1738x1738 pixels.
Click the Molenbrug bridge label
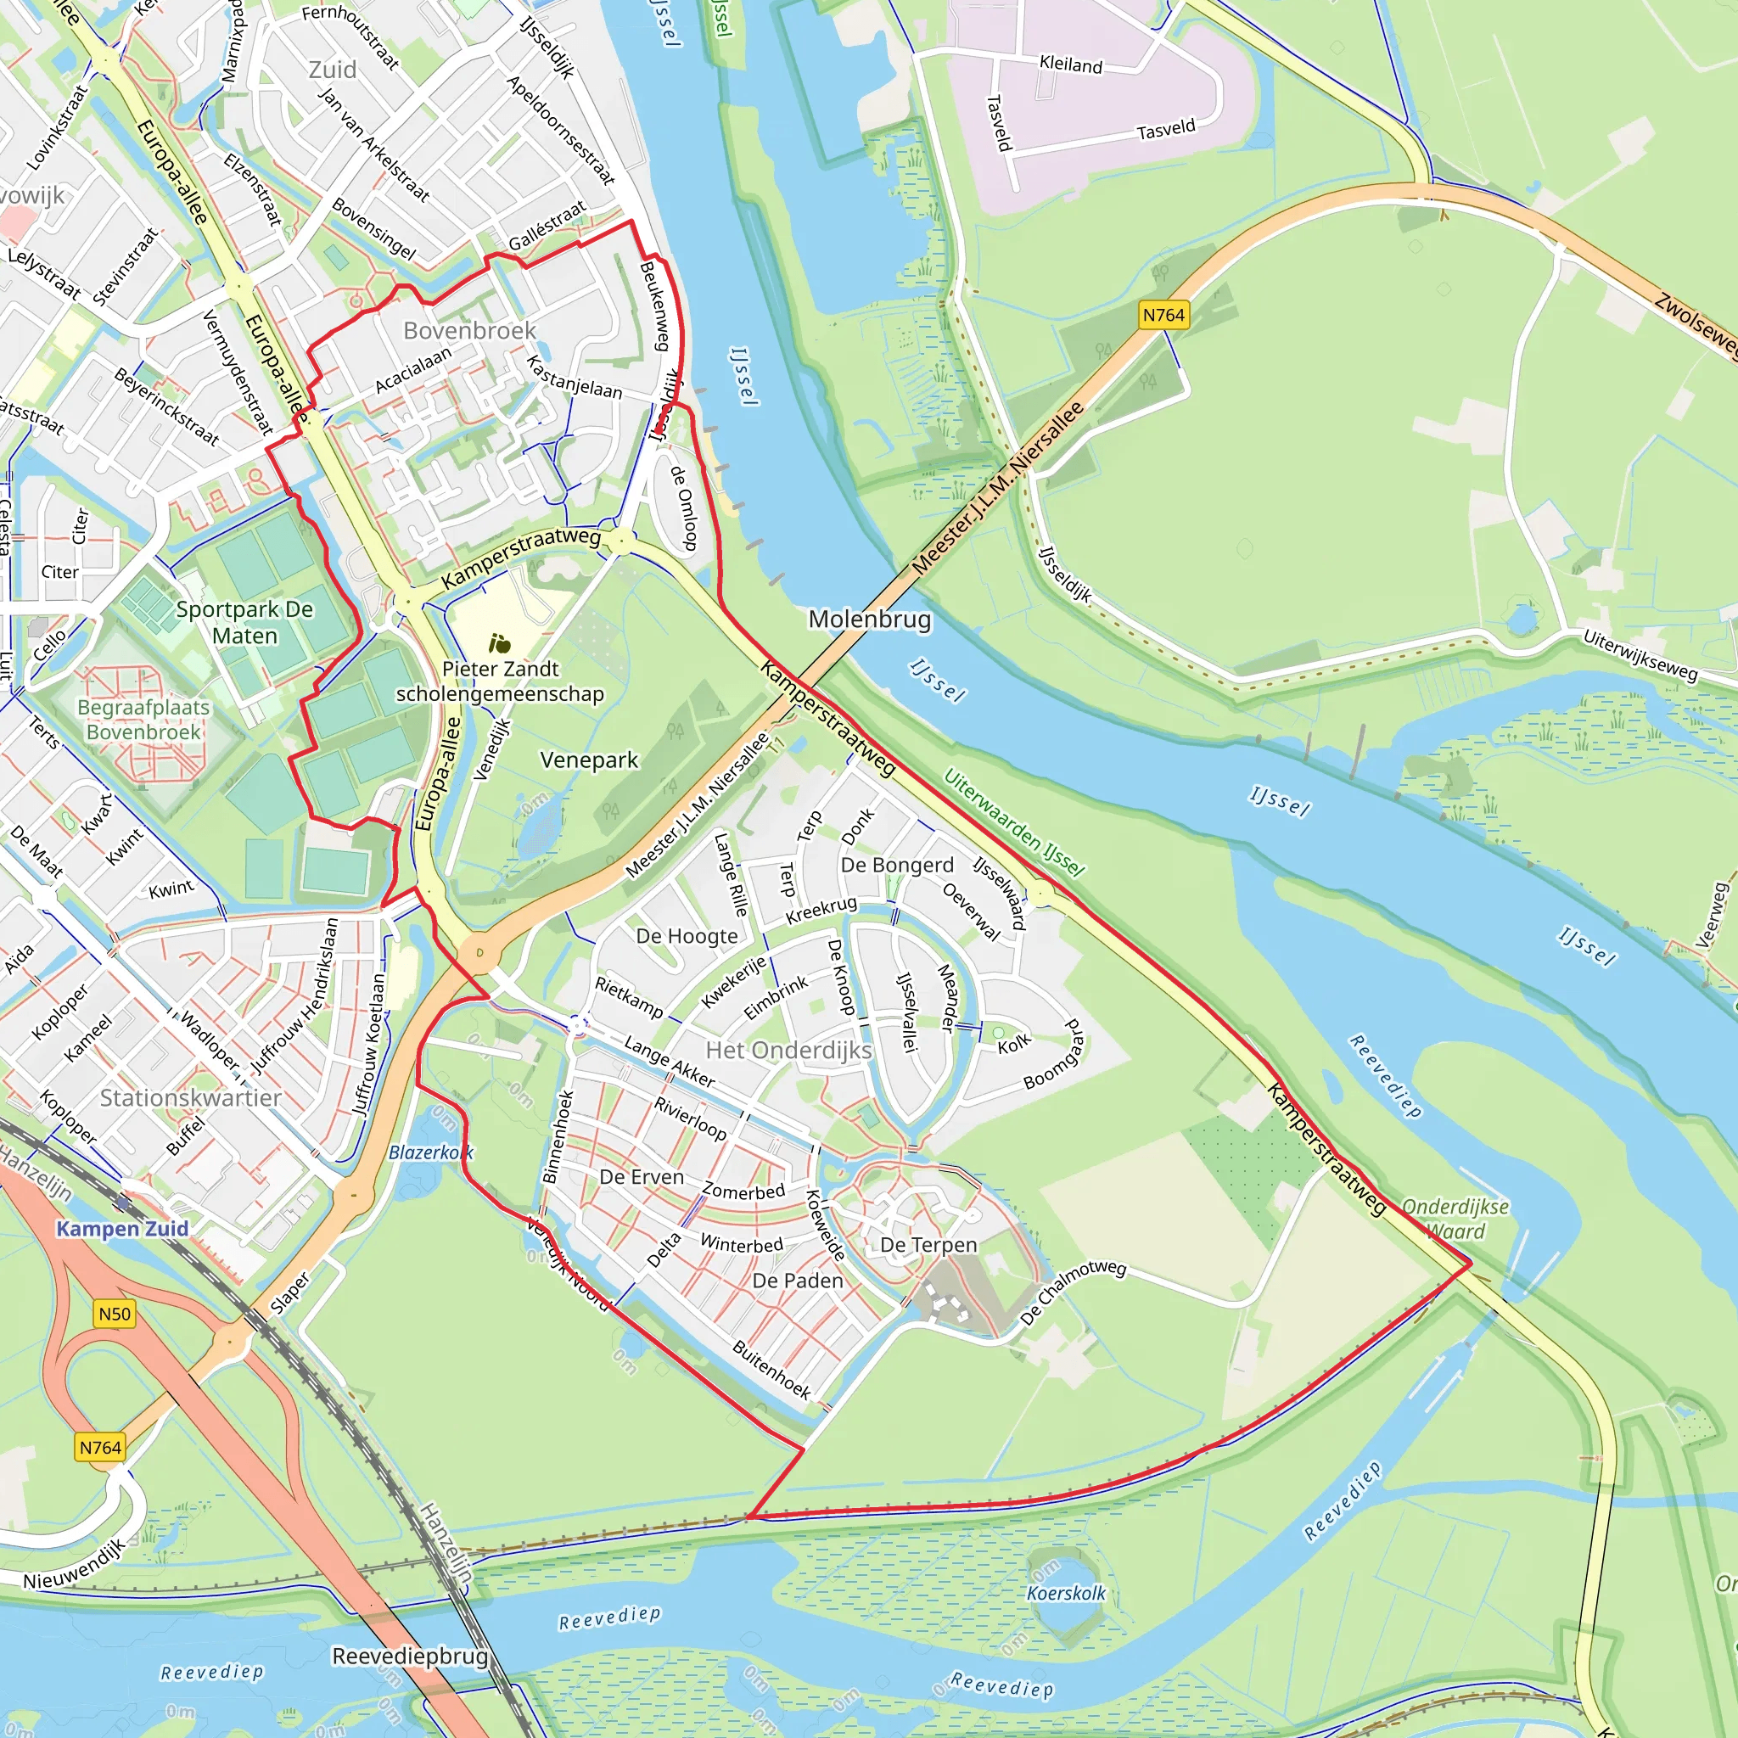(869, 619)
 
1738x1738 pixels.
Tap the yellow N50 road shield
(115, 1314)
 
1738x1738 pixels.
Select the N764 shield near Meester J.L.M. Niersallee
(1163, 315)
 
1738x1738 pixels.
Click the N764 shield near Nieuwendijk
(100, 1448)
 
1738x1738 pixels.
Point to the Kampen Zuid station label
(122, 1229)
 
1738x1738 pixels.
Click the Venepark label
(589, 760)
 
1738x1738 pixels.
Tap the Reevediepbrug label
(410, 1657)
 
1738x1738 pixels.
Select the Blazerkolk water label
(430, 1152)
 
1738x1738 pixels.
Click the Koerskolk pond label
(1066, 1593)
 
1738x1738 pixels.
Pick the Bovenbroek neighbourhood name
(468, 331)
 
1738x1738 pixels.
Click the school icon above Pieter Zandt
(499, 643)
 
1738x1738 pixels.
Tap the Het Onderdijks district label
(788, 1050)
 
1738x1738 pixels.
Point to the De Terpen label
(928, 1245)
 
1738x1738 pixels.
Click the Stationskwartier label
(191, 1097)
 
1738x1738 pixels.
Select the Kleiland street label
(1070, 64)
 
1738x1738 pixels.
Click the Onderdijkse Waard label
(1455, 1219)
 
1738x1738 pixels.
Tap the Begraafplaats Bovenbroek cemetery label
(144, 720)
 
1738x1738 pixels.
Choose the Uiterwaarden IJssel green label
(1014, 822)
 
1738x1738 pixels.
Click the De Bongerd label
(897, 866)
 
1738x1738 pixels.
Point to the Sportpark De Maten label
(244, 623)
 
